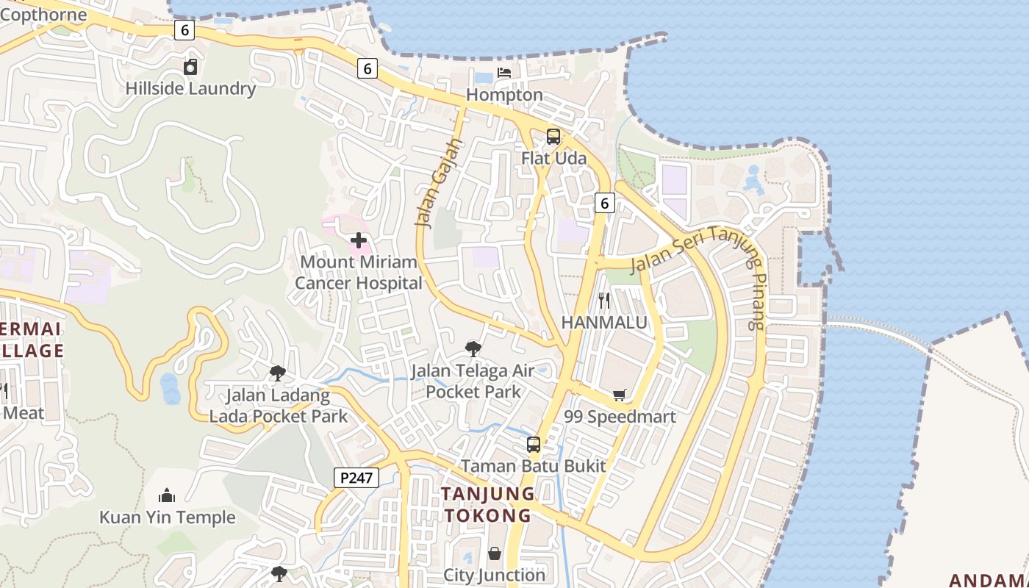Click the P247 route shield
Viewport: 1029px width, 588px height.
[x=356, y=478]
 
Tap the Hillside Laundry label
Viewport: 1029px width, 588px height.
[x=190, y=89]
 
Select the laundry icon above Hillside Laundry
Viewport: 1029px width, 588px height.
[x=190, y=68]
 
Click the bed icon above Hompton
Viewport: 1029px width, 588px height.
[x=504, y=73]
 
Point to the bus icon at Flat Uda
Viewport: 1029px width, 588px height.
[x=553, y=137]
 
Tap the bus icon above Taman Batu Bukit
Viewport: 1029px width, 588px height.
[x=534, y=445]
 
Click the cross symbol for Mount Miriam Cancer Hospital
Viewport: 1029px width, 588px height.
[x=359, y=240]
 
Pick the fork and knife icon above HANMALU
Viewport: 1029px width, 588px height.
[x=604, y=301]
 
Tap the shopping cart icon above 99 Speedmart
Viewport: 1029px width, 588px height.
[x=620, y=395]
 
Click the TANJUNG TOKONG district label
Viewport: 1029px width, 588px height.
[x=487, y=504]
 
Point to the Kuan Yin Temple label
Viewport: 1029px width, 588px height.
[x=168, y=517]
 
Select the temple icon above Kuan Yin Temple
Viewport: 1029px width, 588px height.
[x=167, y=495]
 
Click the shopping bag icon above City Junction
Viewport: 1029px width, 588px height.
[x=495, y=553]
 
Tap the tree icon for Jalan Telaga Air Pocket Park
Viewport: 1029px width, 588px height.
[x=473, y=348]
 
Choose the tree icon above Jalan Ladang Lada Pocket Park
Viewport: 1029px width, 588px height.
[x=277, y=373]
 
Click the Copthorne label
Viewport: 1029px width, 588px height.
[x=43, y=15]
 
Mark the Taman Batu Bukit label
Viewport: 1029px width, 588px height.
[x=534, y=466]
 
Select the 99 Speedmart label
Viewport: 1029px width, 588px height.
[x=620, y=417]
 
